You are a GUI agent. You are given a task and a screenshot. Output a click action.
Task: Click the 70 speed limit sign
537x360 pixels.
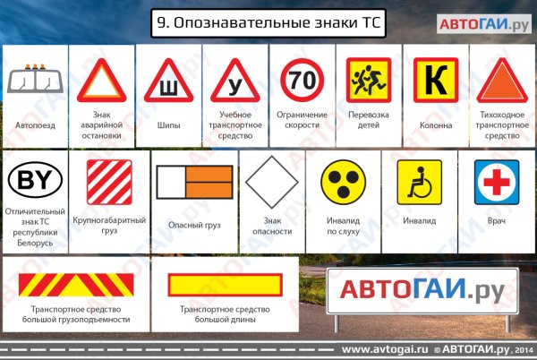coord(301,81)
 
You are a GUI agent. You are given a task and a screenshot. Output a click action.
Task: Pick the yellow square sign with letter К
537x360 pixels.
coord(435,81)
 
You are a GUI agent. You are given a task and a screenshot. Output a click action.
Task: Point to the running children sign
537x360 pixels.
coord(369,81)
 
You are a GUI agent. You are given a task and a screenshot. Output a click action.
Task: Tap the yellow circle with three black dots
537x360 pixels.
coord(344,182)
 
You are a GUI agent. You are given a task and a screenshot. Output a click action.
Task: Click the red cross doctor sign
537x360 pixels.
coord(496,182)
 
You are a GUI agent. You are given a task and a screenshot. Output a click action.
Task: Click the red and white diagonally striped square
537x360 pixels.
coord(109,182)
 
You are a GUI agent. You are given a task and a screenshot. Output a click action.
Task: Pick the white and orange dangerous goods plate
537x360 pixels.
coord(195,184)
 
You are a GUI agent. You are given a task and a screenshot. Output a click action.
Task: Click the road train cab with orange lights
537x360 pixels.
coord(36,80)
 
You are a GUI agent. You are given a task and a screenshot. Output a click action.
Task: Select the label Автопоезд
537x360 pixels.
coord(36,125)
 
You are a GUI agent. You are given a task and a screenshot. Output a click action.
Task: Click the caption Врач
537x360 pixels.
coord(496,220)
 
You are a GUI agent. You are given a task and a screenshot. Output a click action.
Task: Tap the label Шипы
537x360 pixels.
coord(168,125)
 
